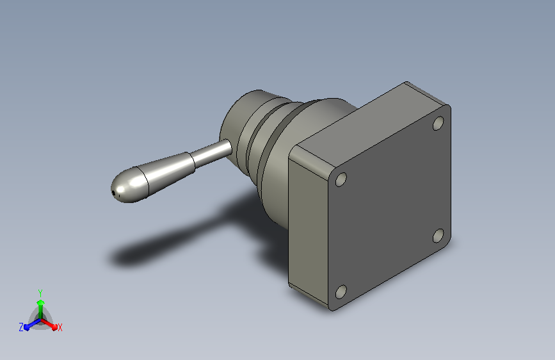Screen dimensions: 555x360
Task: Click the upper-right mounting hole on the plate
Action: point(438,123)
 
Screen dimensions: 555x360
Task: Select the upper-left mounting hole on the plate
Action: point(341,179)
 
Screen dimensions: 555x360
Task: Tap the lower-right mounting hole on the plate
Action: point(438,236)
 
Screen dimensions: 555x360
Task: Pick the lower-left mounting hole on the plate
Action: point(341,292)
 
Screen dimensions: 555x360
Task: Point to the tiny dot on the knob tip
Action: point(113,193)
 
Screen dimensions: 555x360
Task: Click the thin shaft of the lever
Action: point(212,154)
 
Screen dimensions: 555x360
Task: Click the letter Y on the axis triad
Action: point(40,293)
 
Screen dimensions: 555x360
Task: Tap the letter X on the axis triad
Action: point(60,327)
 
